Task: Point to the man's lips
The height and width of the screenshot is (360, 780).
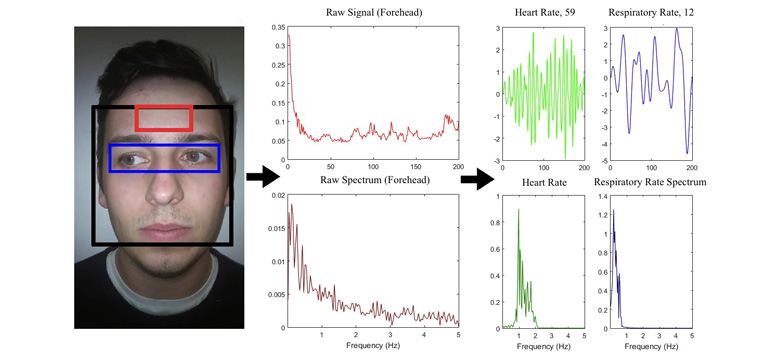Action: tap(164, 231)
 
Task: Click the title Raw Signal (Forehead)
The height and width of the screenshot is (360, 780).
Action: tap(374, 12)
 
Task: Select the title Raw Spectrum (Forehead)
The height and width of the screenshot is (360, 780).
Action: tap(374, 180)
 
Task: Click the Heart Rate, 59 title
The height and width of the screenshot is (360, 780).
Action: tap(544, 12)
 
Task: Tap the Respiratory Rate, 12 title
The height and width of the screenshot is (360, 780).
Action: tap(651, 12)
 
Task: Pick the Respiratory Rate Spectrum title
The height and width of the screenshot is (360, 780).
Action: tap(650, 182)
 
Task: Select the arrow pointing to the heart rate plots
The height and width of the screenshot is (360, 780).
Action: tap(478, 179)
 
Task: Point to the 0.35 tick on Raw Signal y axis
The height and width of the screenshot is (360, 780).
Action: tap(278, 27)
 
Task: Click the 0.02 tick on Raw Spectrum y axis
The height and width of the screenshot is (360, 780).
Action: tap(278, 196)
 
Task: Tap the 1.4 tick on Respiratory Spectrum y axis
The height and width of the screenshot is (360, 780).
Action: tap(601, 196)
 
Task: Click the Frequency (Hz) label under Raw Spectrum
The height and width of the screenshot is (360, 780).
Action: tap(374, 345)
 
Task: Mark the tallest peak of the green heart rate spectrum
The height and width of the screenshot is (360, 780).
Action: tap(518, 209)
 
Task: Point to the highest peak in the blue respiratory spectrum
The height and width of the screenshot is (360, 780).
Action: tap(613, 210)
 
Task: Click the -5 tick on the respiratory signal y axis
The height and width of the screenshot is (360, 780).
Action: tap(603, 161)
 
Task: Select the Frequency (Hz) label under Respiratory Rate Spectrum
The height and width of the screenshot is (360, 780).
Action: tap(651, 345)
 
